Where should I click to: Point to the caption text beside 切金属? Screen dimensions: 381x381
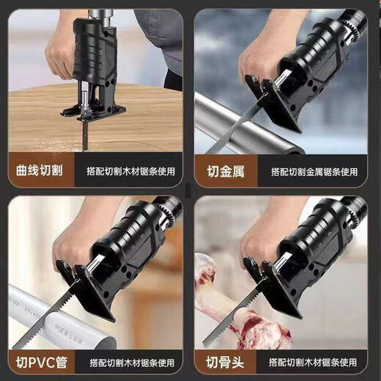coord(314,171)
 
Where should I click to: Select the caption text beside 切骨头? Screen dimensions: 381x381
coord(314,360)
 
